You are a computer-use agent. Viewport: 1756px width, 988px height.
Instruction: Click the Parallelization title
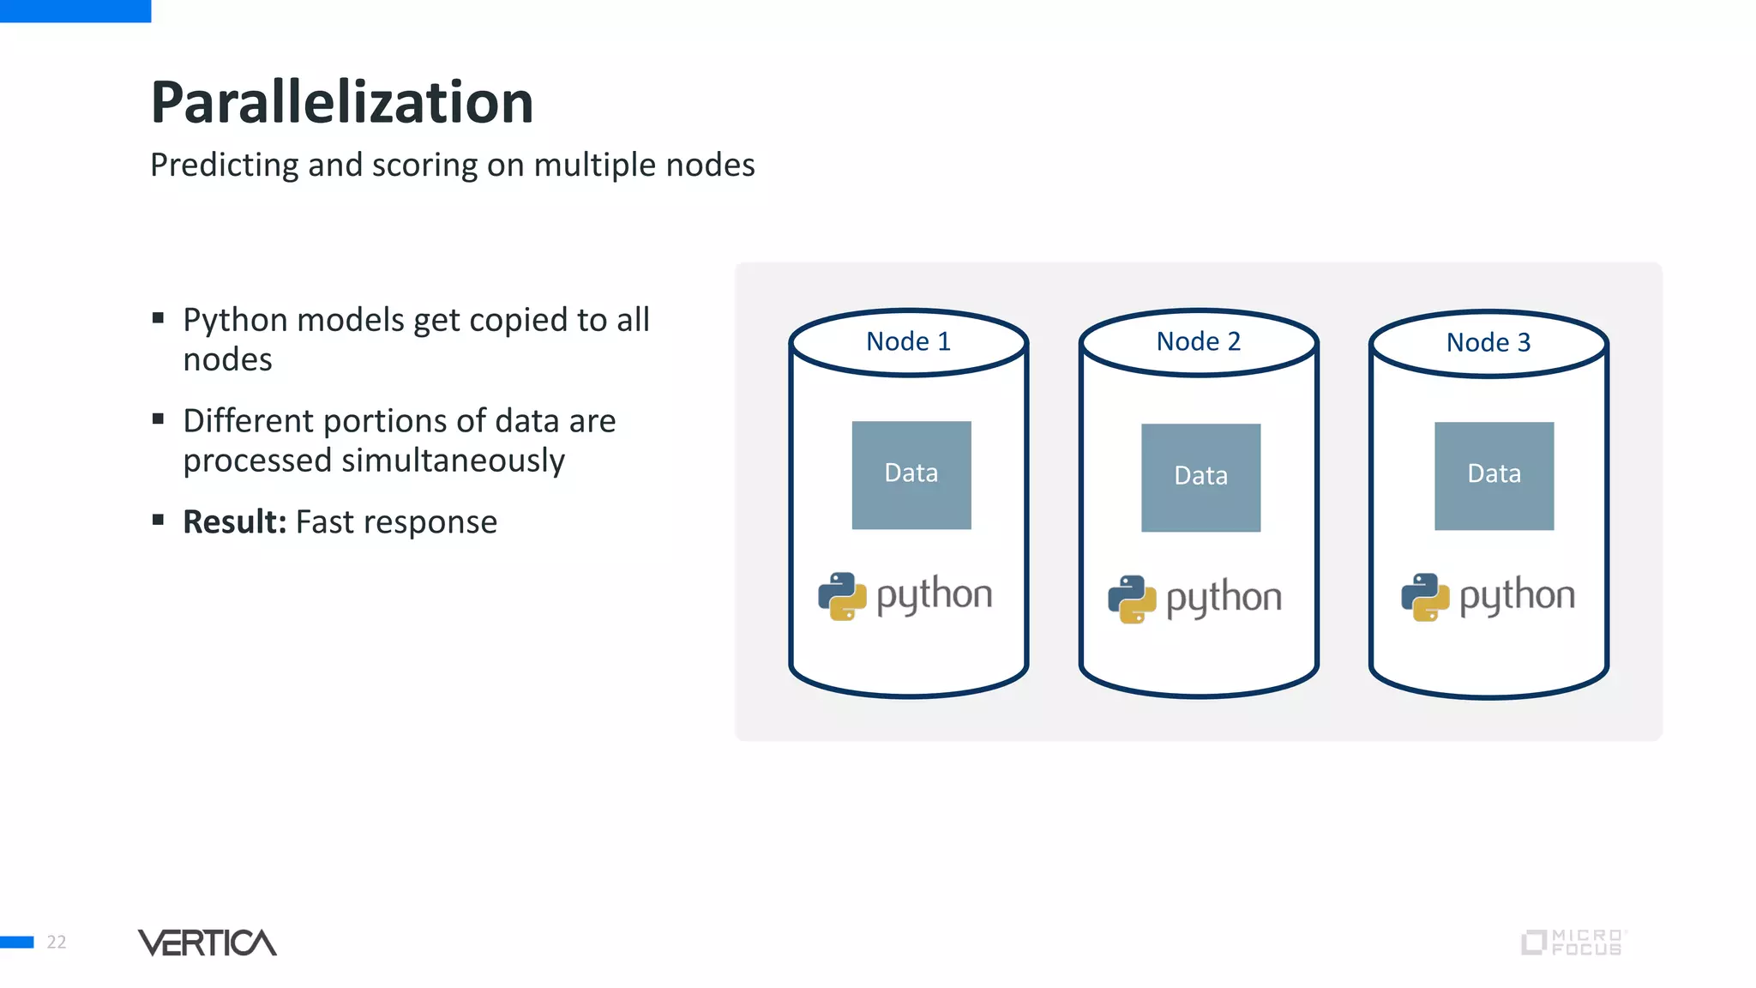point(341,102)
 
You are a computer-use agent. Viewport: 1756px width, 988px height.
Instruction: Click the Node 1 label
point(908,341)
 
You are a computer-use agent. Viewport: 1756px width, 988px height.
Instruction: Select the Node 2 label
point(1198,341)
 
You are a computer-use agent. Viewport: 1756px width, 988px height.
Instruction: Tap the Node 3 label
point(1488,342)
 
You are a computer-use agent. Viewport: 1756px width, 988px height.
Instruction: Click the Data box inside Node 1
point(911,474)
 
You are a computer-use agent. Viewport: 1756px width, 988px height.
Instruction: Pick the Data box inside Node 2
point(1200,477)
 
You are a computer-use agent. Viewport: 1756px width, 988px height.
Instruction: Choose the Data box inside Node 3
point(1494,475)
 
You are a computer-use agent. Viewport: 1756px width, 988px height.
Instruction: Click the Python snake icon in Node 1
point(841,596)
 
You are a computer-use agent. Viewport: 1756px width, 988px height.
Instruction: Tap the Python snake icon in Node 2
point(1131,599)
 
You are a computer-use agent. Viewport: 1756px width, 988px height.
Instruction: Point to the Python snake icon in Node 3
point(1424,597)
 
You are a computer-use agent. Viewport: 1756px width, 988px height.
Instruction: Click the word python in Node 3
point(1517,595)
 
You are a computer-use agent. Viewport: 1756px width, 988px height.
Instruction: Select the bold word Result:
point(234,521)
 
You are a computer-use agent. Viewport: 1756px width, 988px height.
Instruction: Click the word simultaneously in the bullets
point(453,461)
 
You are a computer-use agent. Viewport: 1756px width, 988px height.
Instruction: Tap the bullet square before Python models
point(158,318)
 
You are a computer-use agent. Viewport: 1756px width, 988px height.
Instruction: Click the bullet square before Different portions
point(158,419)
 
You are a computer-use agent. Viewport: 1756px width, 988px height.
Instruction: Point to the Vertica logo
point(207,942)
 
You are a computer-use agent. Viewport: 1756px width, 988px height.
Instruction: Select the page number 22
point(57,942)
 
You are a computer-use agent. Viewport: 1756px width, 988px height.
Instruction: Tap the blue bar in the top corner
point(75,10)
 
